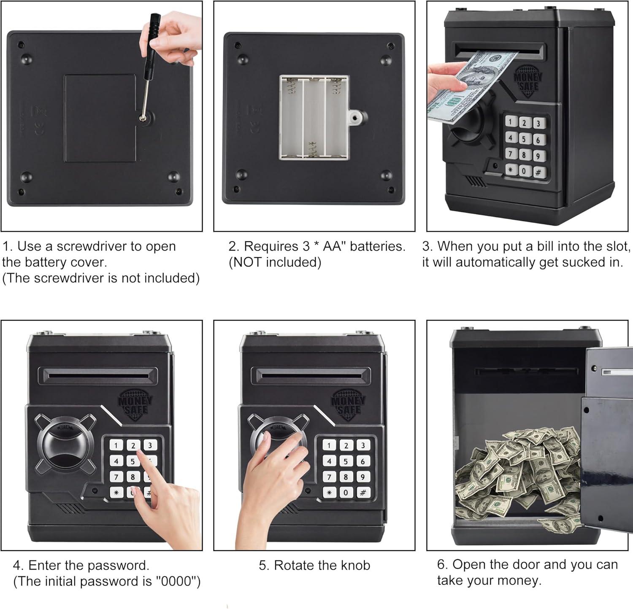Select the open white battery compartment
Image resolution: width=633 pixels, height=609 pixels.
coord(314,118)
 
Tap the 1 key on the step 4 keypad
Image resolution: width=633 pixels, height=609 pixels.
coord(116,445)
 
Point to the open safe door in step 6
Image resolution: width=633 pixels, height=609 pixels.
coord(608,443)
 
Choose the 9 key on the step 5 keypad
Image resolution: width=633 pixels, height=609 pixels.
coord(362,477)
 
